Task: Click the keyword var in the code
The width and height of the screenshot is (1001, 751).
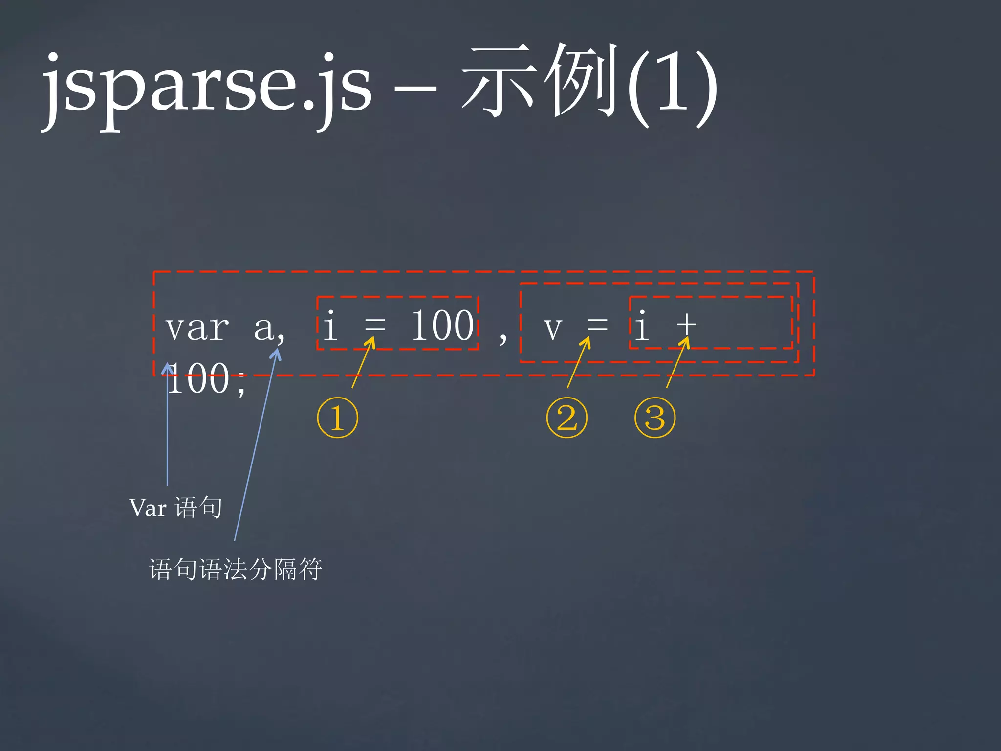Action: (x=197, y=328)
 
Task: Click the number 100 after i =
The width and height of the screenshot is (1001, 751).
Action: (x=443, y=326)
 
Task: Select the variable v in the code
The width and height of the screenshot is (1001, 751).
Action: (x=553, y=329)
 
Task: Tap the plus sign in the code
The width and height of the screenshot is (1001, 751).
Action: (x=687, y=325)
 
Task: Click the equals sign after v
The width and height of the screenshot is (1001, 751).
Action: (x=597, y=325)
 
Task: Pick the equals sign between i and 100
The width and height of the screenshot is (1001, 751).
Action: (x=375, y=325)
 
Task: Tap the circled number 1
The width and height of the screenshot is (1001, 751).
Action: (x=338, y=418)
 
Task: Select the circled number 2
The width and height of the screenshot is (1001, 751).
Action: (x=567, y=418)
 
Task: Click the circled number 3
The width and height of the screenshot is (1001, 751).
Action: (x=655, y=418)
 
